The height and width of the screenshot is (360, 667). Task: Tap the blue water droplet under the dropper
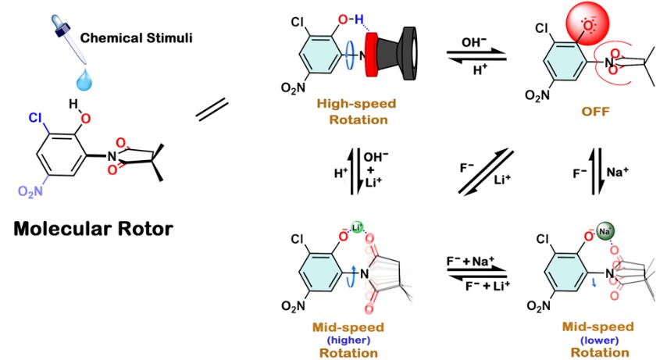83,79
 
